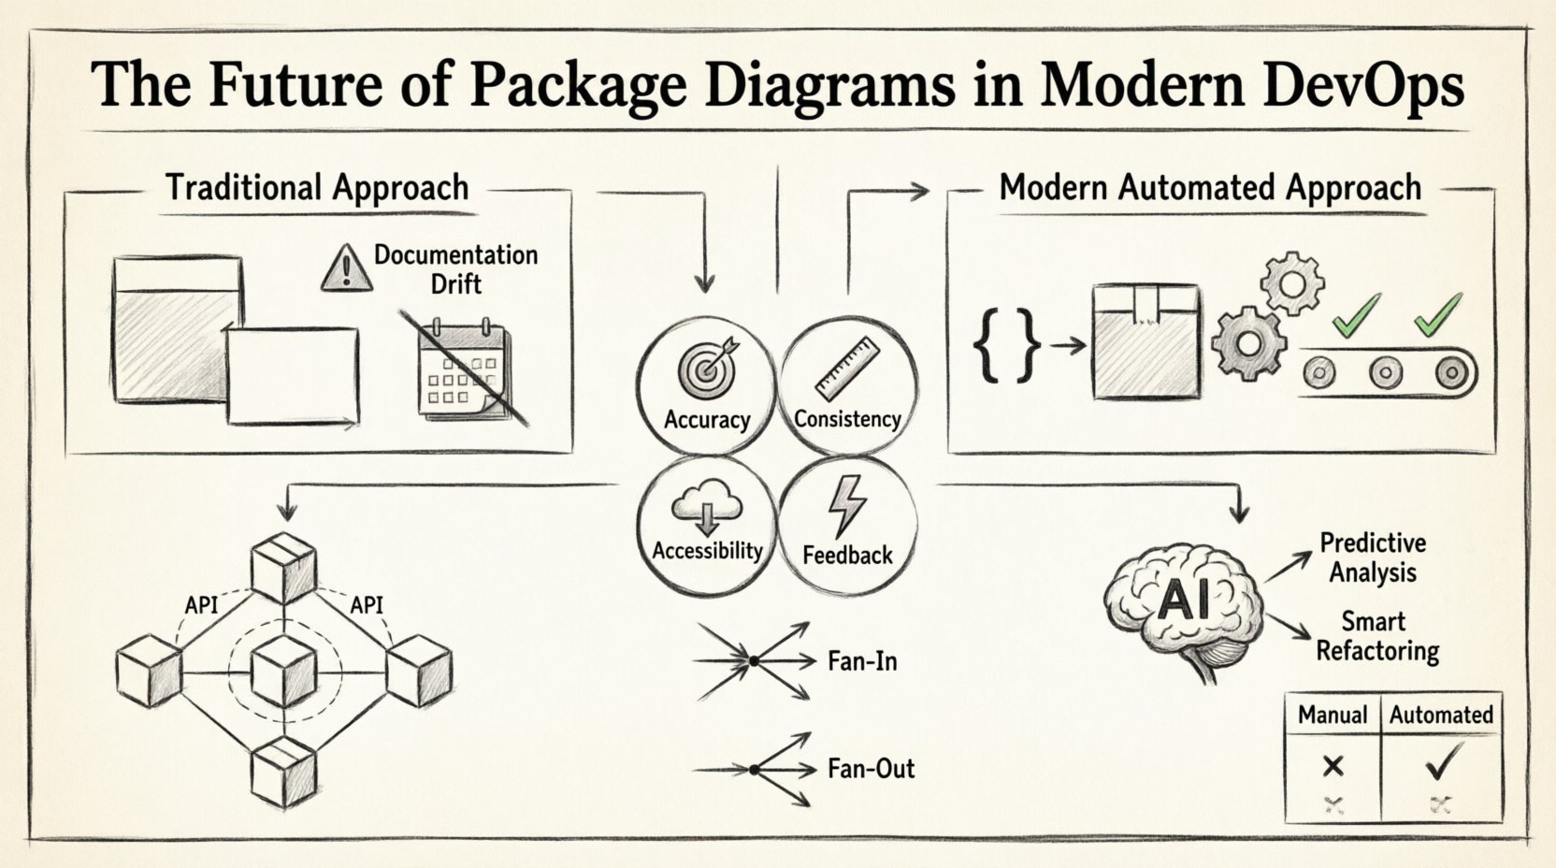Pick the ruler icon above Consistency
(x=846, y=369)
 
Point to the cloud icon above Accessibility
(x=707, y=509)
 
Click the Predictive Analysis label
(x=1373, y=557)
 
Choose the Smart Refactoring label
(x=1376, y=636)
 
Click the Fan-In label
(x=862, y=662)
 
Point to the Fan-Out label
(x=871, y=770)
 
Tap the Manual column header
(x=1333, y=716)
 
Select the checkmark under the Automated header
(x=1441, y=766)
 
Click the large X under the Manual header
(x=1333, y=767)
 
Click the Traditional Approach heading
(x=317, y=188)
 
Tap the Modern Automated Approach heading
(x=1210, y=188)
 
